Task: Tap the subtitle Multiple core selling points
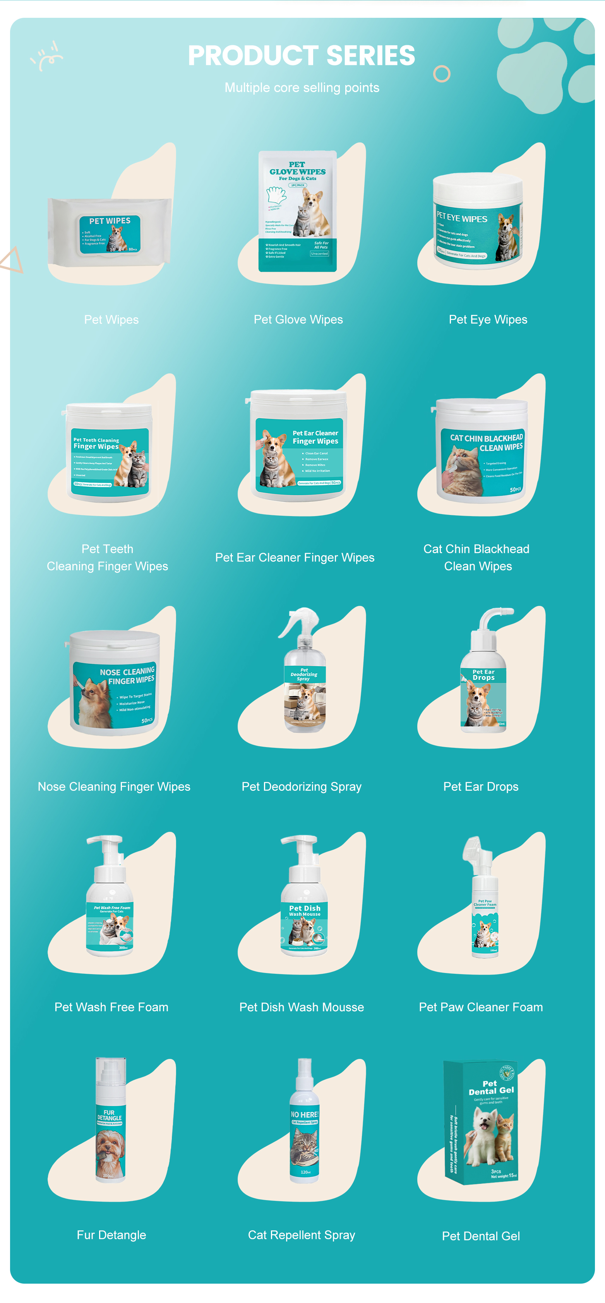point(302,88)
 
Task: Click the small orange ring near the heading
point(442,74)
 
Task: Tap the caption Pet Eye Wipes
point(488,320)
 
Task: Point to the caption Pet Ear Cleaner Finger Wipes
point(295,557)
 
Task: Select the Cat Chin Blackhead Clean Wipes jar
point(482,450)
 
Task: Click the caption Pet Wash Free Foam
point(111,1007)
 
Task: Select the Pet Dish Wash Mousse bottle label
point(304,926)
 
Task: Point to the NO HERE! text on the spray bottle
point(304,1114)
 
